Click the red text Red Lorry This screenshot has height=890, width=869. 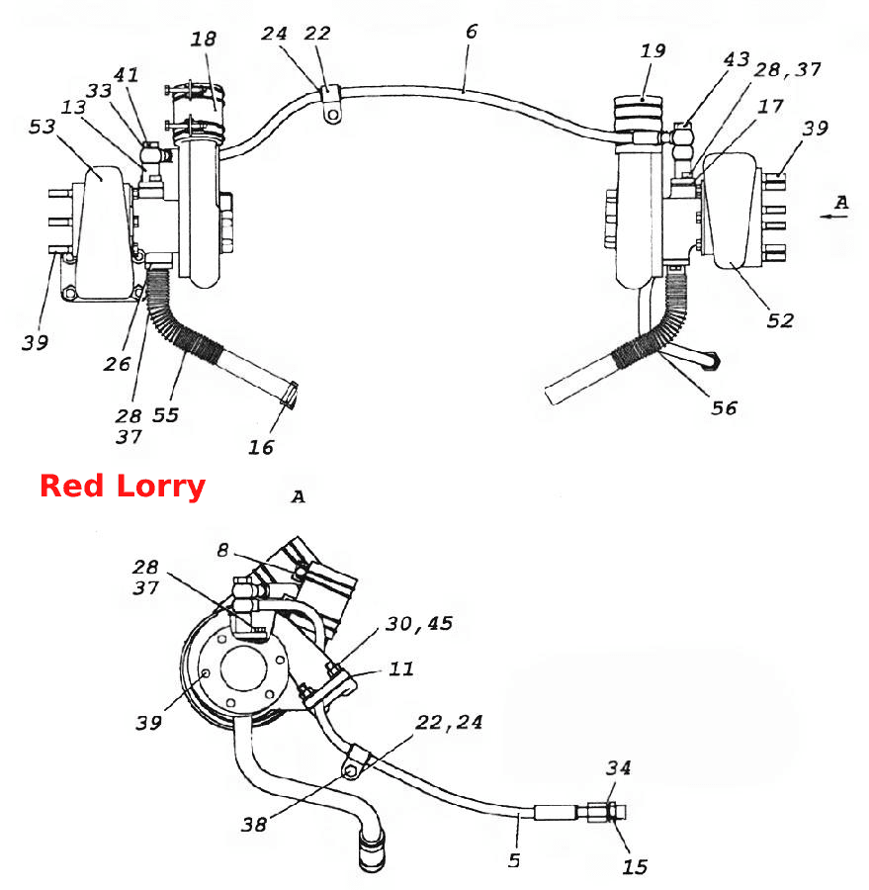123,487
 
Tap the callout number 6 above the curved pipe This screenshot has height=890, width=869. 472,32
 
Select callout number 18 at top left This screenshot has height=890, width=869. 204,40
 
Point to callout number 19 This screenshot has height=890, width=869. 652,51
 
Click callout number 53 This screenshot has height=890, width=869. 42,127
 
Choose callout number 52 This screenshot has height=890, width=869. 780,320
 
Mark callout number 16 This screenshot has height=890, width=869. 261,447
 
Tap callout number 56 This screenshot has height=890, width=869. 724,407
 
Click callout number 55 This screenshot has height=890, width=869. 165,415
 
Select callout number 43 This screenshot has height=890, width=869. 737,59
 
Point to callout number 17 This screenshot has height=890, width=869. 770,106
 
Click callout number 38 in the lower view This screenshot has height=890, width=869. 254,824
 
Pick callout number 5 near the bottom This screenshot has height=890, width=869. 514,860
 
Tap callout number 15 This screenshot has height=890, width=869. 635,866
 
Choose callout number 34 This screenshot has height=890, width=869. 618,768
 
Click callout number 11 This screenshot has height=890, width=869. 400,668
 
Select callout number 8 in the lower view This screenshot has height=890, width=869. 223,550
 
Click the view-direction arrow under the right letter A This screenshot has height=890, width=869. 833,217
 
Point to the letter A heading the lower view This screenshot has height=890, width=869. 298,497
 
